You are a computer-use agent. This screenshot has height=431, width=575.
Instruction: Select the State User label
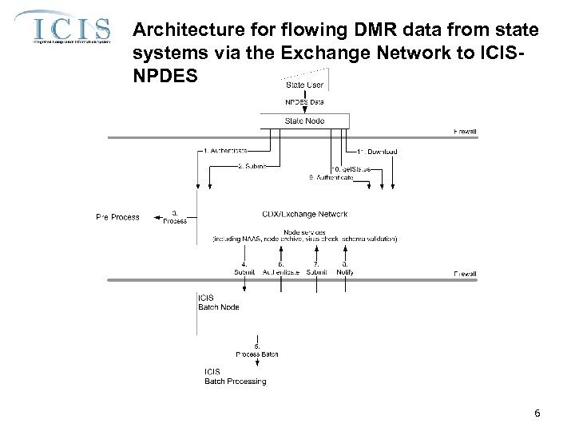(304, 84)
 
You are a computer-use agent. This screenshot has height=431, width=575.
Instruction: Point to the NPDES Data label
(304, 101)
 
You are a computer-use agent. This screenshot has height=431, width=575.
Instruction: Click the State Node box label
(304, 121)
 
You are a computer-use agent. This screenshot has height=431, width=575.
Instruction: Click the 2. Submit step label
(252, 166)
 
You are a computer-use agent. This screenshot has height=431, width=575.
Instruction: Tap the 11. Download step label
(377, 151)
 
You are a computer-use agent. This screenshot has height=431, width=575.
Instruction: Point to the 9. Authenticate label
(331, 177)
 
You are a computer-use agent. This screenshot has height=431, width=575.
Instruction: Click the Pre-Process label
(117, 216)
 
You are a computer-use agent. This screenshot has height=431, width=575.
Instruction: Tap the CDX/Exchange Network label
(304, 214)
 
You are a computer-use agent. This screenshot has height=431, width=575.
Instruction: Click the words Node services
(304, 231)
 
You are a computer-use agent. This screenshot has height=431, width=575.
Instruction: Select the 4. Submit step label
(244, 267)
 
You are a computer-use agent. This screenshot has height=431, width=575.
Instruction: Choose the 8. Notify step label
(345, 267)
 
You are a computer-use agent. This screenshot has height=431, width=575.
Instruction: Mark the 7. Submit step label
(317, 267)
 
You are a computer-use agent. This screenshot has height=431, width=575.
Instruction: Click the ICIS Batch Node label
(217, 302)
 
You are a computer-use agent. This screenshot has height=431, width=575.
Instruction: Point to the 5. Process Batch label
(257, 349)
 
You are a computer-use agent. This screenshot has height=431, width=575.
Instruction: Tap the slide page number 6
(537, 413)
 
